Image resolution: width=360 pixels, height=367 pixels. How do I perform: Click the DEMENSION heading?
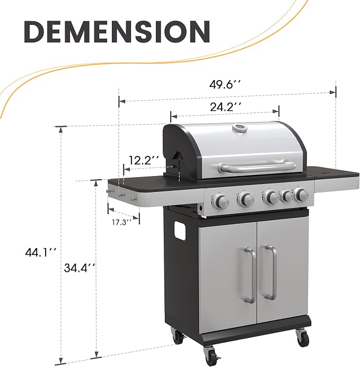pos(117,32)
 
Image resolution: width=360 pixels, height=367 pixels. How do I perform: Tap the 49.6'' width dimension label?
pos(225,84)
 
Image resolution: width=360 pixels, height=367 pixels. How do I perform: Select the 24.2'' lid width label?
pos(225,107)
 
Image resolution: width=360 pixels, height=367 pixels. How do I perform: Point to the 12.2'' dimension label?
pos(144,160)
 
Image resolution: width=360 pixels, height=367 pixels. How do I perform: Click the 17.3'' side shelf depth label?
pos(121,222)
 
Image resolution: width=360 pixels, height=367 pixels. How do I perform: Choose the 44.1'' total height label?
pos(41,252)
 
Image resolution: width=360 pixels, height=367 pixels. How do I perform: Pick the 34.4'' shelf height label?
pos(80,268)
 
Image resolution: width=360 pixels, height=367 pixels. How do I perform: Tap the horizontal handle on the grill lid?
pos(257,167)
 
